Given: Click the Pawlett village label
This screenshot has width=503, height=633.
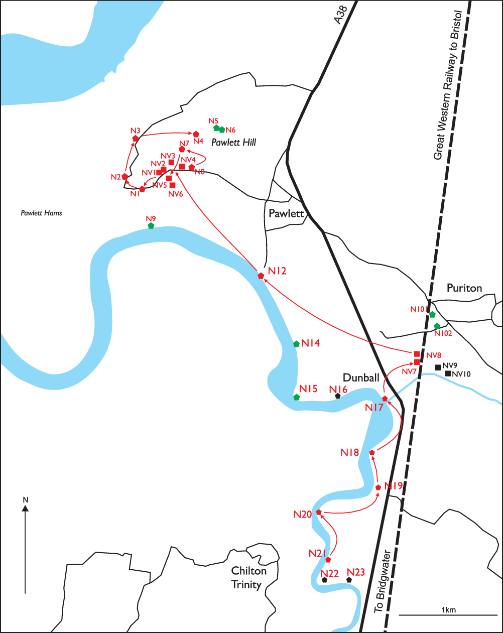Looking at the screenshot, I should point(286,213).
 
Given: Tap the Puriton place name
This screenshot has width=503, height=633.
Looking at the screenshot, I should point(464,288).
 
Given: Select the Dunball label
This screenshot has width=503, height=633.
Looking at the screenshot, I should point(360,377).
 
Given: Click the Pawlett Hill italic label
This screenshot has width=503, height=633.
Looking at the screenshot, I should point(233,143).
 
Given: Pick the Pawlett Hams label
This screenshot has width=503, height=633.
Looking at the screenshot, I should point(41,213).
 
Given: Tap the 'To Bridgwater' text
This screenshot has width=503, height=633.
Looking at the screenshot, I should point(383,582).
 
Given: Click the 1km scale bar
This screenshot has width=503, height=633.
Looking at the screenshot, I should point(448,614).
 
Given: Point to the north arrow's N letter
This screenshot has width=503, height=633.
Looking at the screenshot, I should point(25,500).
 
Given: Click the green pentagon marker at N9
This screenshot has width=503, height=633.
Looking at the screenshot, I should point(151,226).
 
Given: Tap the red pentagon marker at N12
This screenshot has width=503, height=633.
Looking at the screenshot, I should point(261,276).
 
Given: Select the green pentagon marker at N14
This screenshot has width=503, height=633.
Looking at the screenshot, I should point(296,344).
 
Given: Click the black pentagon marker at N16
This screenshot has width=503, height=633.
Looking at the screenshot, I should point(338,396).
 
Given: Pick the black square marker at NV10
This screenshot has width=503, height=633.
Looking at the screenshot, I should point(448,373).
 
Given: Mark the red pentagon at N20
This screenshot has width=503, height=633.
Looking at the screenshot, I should point(318,512).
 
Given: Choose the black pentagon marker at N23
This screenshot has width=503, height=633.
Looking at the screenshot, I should point(349,580).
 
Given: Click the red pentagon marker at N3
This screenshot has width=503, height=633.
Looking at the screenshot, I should point(135,138).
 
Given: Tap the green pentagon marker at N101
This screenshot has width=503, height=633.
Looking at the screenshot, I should point(432,314).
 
